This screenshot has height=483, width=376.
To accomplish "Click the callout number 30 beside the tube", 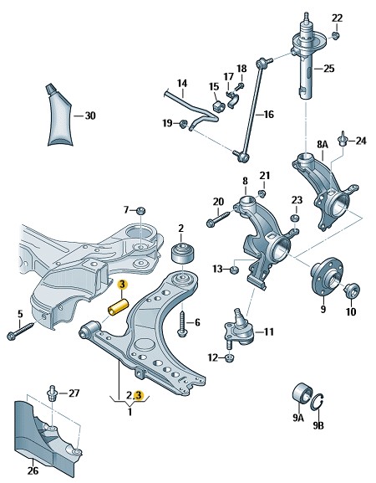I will click(90, 116).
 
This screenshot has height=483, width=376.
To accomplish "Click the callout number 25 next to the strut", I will click(328, 69).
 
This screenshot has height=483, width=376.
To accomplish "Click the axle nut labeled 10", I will click(351, 292).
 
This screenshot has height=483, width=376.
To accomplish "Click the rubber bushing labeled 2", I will click(180, 254).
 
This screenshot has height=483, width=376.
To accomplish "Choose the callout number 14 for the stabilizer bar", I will click(181, 83).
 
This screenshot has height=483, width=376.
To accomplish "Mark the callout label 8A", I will click(323, 145).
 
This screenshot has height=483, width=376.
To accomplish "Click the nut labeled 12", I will click(231, 359).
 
